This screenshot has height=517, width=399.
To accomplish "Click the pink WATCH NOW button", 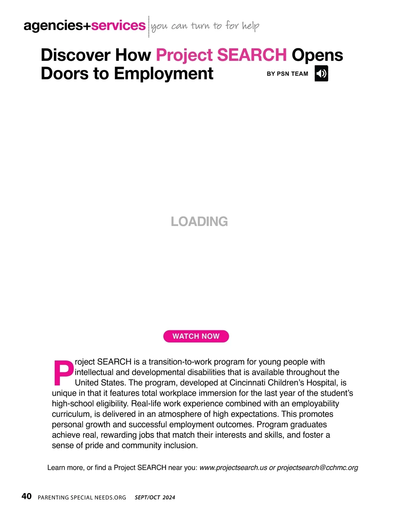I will [196, 336].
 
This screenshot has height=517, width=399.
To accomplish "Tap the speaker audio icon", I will [321, 74].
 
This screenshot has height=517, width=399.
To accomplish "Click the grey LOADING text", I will [199, 222].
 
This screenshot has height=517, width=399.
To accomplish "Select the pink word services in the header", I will [118, 26].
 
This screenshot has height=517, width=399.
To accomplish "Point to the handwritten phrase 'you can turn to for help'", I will [205, 26].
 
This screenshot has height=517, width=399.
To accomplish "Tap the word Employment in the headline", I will [164, 74].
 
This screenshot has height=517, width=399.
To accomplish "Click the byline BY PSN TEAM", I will [287, 74].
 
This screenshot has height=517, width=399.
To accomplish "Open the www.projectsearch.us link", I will [233, 467].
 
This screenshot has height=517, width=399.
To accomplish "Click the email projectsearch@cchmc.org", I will [318, 467].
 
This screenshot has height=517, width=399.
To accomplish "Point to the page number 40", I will [27, 496].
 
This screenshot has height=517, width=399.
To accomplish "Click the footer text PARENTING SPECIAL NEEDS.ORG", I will [82, 497].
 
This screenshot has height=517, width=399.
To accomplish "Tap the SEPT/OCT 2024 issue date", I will [155, 497].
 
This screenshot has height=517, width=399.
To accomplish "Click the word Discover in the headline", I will [75, 55].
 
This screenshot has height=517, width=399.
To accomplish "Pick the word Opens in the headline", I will [317, 55].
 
